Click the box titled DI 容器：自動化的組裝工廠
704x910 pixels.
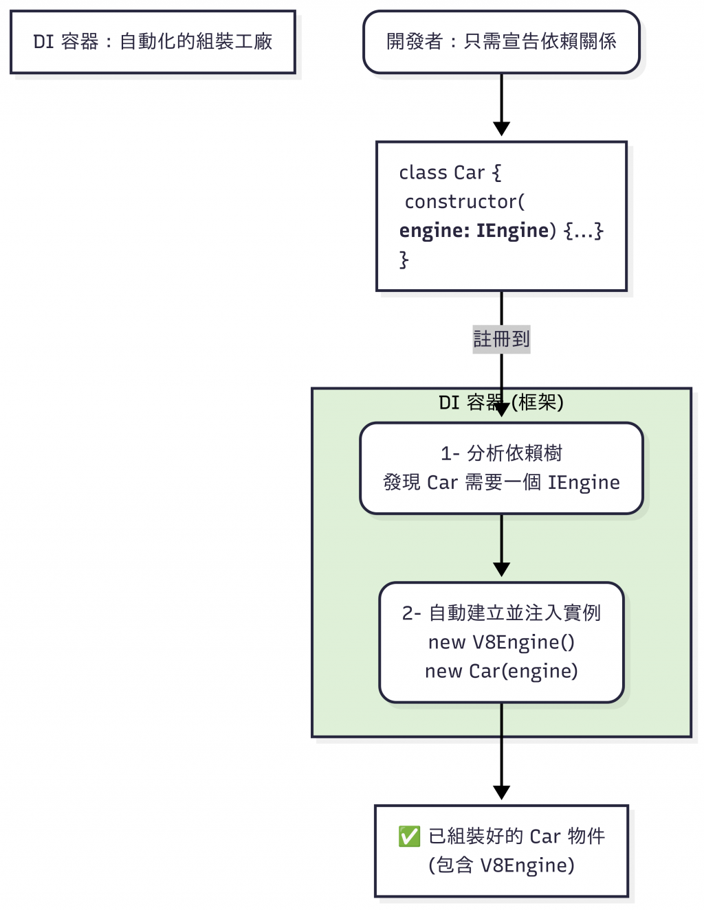point(153,42)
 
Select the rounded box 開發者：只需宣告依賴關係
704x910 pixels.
point(501,42)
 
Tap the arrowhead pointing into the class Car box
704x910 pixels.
point(501,128)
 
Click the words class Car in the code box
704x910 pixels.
point(442,172)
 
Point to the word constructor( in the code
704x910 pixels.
point(465,202)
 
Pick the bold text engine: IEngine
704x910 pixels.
point(474,231)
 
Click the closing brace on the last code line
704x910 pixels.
point(404,260)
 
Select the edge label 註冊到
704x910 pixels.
point(501,339)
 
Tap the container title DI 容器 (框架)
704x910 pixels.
point(501,402)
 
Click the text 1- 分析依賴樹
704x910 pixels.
point(501,453)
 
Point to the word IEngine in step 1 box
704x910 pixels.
point(584,483)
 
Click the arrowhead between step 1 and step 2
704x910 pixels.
point(501,569)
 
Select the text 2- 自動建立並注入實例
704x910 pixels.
point(501,613)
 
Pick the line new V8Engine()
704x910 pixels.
point(501,642)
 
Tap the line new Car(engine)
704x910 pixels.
point(501,671)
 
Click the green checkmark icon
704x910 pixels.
point(409,837)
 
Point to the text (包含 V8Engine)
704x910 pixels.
point(501,865)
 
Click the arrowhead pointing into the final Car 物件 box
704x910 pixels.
point(501,792)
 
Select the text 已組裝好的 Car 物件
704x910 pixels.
point(516,837)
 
